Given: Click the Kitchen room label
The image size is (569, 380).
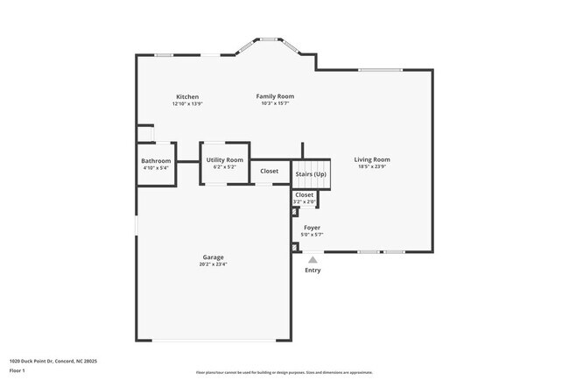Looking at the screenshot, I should pyautogui.click(x=187, y=96).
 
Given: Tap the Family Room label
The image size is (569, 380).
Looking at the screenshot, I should pyautogui.click(x=274, y=95).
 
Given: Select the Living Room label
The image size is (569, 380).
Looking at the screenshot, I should pyautogui.click(x=372, y=159).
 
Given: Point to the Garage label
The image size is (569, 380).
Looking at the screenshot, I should pyautogui.click(x=213, y=257).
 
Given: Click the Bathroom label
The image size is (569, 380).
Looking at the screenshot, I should pyautogui.click(x=156, y=161).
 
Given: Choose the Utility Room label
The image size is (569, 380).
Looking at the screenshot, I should pyautogui.click(x=225, y=159).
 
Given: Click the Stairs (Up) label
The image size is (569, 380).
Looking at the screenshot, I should pyautogui.click(x=311, y=174).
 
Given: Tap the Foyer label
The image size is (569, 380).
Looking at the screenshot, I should pyautogui.click(x=313, y=228).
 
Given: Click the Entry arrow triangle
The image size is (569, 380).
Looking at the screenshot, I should pyautogui.click(x=313, y=259).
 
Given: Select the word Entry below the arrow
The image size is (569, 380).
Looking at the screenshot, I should pyautogui.click(x=313, y=271).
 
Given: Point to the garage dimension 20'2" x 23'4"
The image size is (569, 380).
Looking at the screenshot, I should pyautogui.click(x=213, y=264).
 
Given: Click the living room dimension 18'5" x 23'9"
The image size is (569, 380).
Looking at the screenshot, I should pyautogui.click(x=372, y=167).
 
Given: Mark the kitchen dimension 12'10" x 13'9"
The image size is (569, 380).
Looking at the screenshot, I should pyautogui.click(x=187, y=103).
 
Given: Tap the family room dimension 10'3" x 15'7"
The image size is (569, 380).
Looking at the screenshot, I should pyautogui.click(x=274, y=103).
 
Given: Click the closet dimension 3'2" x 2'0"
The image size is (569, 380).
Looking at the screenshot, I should pyautogui.click(x=305, y=202).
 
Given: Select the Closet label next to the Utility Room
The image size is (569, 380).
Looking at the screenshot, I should pyautogui.click(x=270, y=171).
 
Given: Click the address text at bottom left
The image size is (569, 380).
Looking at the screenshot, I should pyautogui.click(x=53, y=361).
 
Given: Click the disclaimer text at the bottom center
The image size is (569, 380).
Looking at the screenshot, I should pyautogui.click(x=284, y=371).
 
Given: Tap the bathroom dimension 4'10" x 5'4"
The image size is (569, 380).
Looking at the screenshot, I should pyautogui.click(x=156, y=168).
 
